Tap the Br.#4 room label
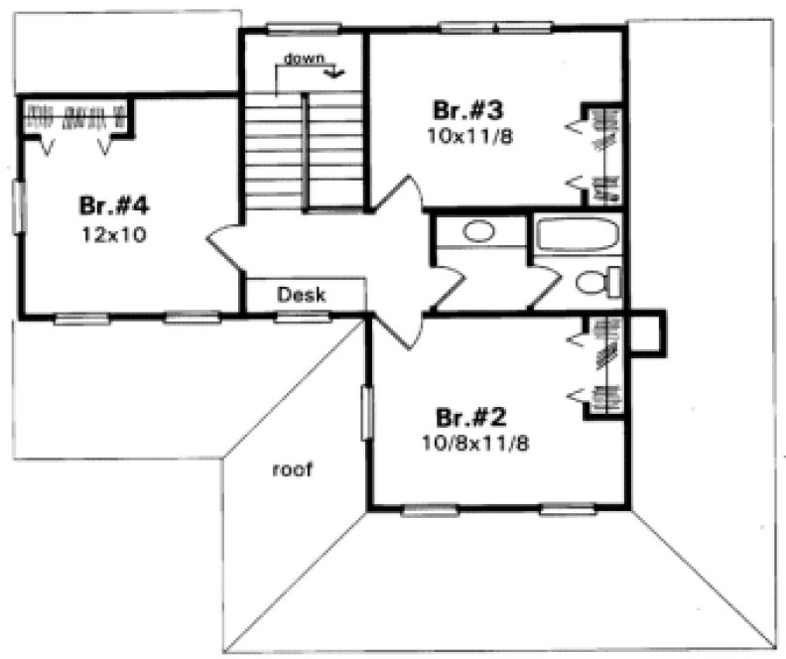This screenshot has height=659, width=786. point(113,206)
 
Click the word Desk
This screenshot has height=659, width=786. point(303,295)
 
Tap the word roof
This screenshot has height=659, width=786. point(292,470)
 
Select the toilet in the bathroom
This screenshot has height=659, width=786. point(597,283)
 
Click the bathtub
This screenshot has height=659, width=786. point(578,236)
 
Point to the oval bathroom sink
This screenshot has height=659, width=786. point(479,232)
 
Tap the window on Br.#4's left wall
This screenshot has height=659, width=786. point(18,207)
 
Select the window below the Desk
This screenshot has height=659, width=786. point(302,317)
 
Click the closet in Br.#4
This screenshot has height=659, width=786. point(77,116)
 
